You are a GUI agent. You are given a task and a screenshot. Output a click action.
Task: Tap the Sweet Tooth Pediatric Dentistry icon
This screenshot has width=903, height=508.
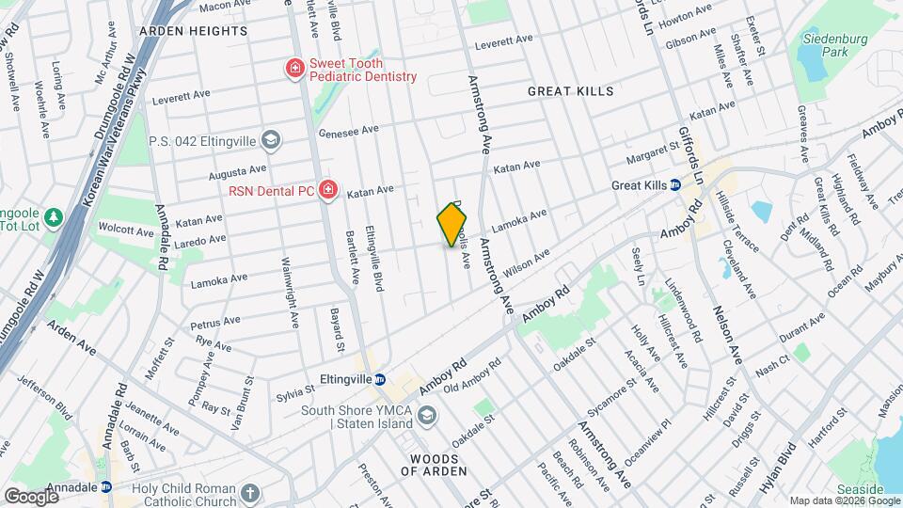(294, 69)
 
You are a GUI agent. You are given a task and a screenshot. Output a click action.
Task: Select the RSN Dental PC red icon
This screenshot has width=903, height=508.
(327, 191)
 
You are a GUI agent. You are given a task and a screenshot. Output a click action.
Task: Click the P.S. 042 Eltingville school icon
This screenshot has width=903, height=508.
(271, 141)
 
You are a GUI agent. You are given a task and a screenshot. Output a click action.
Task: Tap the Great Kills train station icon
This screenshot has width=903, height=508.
(675, 185)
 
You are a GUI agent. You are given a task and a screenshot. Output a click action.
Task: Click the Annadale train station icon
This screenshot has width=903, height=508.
(105, 487)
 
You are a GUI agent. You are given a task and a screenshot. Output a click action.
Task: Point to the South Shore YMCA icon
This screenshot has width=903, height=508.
(427, 416)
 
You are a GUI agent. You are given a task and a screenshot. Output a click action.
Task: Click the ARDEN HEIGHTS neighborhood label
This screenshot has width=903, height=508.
(193, 31)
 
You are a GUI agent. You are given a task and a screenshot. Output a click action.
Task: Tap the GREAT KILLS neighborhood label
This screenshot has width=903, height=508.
(570, 91)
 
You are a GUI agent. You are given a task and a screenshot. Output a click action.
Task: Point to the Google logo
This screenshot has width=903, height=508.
(32, 496)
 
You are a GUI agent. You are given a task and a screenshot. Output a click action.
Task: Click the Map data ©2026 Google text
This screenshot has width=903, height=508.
(844, 500)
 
